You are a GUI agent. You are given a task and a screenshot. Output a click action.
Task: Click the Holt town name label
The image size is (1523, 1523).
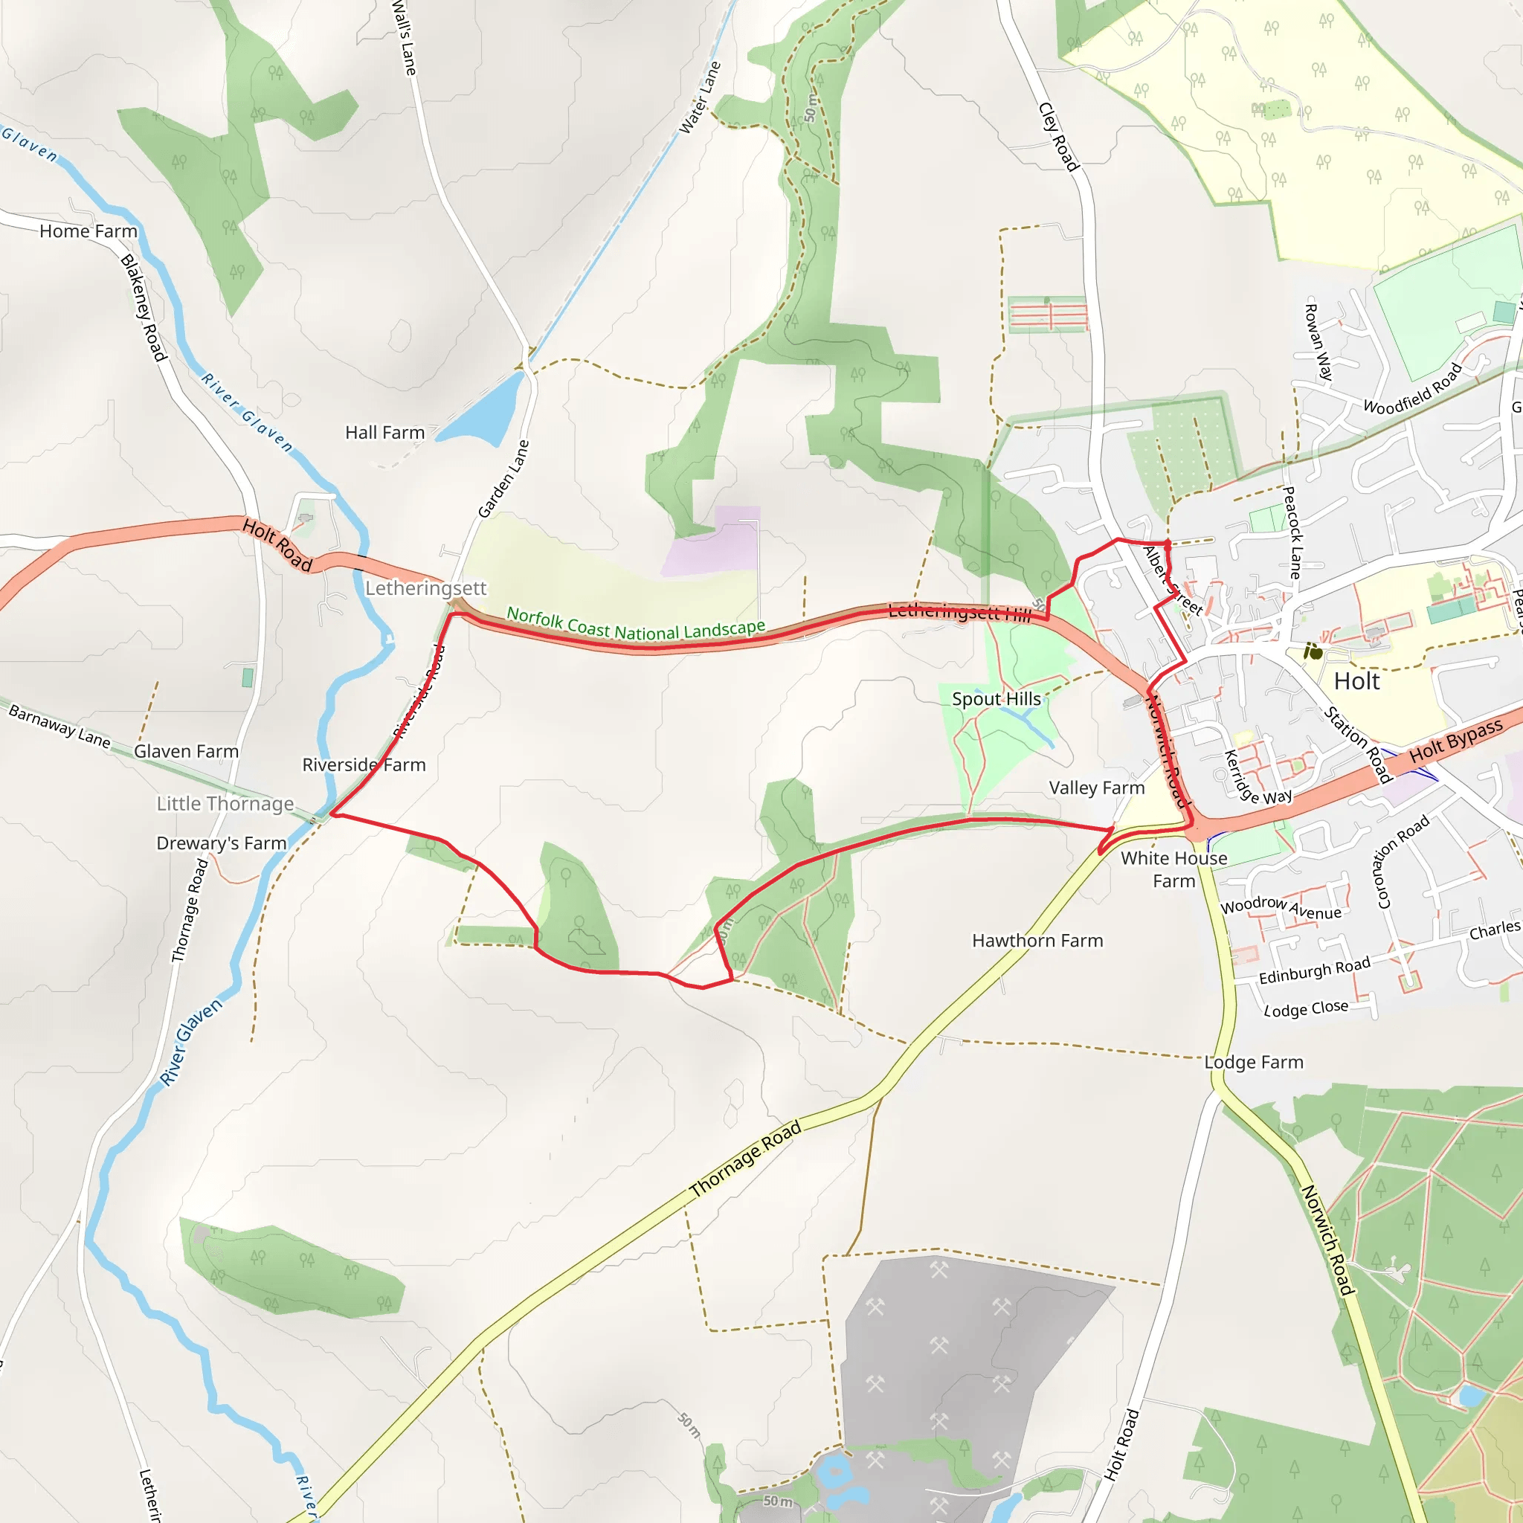click(1356, 681)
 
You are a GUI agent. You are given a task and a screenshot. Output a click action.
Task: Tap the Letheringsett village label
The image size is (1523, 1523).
click(425, 588)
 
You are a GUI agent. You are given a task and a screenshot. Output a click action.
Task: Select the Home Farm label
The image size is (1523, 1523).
click(88, 231)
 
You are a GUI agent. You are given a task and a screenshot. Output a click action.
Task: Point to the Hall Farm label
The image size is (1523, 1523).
click(384, 433)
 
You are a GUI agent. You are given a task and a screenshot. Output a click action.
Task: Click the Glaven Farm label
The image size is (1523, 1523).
click(186, 751)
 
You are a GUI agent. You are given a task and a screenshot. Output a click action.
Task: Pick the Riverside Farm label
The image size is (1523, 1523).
click(364, 764)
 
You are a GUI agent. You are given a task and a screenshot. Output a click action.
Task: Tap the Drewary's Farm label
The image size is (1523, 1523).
click(222, 843)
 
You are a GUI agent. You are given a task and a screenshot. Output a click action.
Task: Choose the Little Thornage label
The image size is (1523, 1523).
click(225, 804)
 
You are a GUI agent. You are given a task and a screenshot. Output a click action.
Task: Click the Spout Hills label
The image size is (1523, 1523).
click(996, 699)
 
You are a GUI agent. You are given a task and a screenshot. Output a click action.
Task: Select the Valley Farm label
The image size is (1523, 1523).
click(1097, 788)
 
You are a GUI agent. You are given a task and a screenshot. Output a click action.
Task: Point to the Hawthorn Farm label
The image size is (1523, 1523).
click(1037, 941)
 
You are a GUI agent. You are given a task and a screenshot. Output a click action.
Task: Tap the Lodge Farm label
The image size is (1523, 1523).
click(1253, 1063)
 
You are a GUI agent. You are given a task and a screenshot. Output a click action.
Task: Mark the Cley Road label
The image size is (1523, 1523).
click(1059, 137)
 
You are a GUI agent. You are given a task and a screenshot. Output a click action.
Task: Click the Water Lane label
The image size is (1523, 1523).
click(700, 97)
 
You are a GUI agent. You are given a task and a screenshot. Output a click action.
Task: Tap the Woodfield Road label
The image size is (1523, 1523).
click(1413, 390)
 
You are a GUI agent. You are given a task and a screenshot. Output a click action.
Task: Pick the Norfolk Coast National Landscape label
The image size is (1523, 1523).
click(635, 625)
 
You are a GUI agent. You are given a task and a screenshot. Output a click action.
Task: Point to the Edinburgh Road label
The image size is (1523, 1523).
click(1314, 970)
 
